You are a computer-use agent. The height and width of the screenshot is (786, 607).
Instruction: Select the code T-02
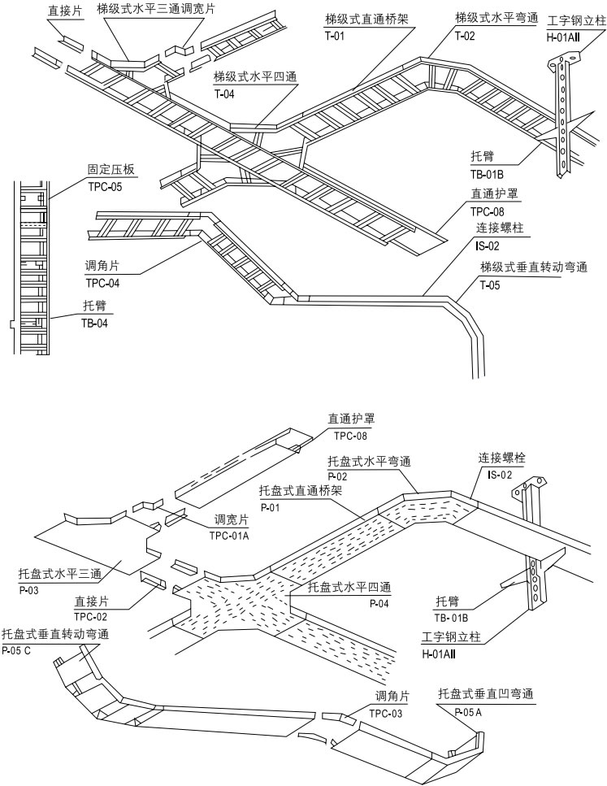tap(465, 36)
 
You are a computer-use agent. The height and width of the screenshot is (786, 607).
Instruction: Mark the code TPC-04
tap(102, 283)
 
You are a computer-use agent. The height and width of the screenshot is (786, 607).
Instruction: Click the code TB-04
tap(95, 323)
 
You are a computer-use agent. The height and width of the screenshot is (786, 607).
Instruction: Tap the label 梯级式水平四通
tap(254, 77)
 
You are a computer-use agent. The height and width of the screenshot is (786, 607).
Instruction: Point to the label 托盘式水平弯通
tap(369, 461)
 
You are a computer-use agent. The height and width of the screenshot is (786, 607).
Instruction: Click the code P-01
tap(271, 507)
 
